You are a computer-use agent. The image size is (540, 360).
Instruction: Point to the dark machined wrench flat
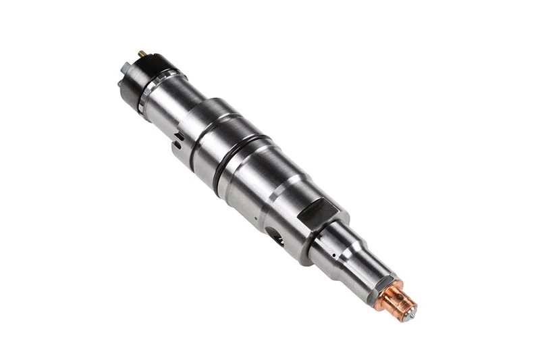317,212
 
